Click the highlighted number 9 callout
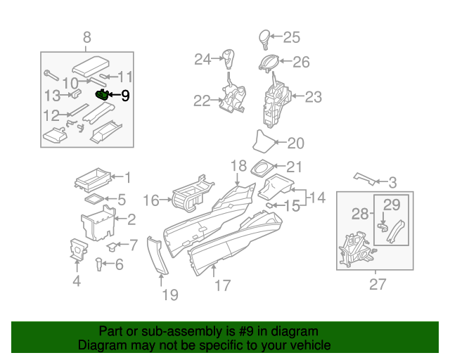125,95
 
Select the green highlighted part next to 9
103,94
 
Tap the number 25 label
291,37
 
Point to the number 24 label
202,59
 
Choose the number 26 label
301,62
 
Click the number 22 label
202,101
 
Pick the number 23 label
313,97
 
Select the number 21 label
294,167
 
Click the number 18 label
239,165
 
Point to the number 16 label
151,201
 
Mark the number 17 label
222,286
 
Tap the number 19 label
170,295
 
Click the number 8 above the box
86,37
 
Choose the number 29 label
391,205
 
